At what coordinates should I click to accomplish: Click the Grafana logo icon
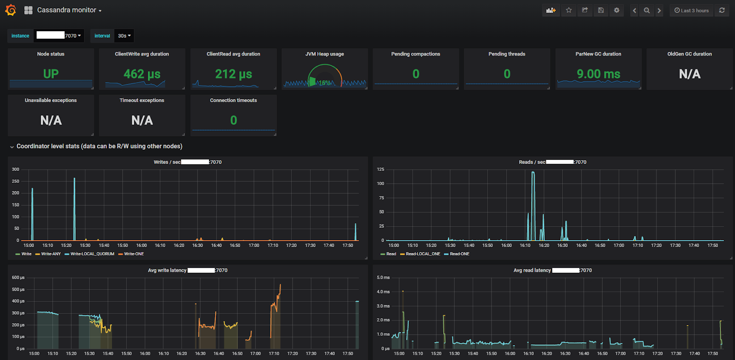[11, 10]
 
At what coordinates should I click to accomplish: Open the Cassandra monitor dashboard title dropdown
[69, 10]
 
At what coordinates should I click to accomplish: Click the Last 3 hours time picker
[691, 11]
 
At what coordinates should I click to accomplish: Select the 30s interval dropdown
[124, 36]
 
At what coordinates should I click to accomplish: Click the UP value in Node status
[51, 74]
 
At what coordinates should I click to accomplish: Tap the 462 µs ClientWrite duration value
[142, 74]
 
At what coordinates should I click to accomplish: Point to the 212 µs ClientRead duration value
[233, 74]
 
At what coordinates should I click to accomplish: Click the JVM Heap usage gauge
[324, 76]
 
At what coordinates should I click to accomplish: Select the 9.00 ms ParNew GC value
[598, 74]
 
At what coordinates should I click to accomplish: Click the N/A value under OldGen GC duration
[690, 74]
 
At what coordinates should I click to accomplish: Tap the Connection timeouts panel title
[233, 100]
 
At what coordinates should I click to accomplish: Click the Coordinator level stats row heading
[99, 146]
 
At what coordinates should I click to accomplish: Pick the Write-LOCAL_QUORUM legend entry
[92, 254]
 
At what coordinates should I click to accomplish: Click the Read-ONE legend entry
[459, 254]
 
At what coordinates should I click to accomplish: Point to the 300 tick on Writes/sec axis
[16, 169]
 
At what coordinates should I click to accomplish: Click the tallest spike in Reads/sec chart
[533, 173]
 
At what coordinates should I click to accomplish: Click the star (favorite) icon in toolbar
[569, 10]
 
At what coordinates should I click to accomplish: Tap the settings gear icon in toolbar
[616, 10]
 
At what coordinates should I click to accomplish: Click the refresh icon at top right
[722, 10]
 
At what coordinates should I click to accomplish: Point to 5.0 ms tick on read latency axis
[383, 277]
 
